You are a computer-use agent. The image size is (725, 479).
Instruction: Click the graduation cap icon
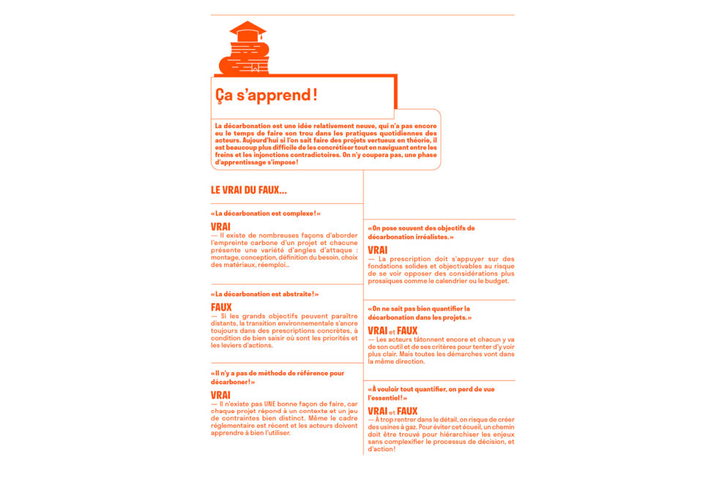[x=248, y=31]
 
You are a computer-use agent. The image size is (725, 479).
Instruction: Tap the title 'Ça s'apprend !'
[x=267, y=95]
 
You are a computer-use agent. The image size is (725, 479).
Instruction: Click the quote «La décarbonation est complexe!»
[x=265, y=214]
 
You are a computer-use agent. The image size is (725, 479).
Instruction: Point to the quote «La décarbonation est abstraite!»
[x=264, y=294]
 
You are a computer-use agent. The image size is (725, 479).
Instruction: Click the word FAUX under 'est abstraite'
[x=221, y=307]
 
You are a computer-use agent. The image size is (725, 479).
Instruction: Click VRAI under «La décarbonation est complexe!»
[x=220, y=227]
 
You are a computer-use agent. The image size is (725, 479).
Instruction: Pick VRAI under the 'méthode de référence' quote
[x=220, y=395]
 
